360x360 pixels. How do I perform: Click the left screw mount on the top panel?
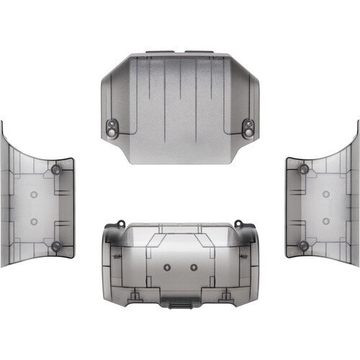click(x=113, y=127)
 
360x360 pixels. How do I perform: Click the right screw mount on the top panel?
click(x=246, y=127)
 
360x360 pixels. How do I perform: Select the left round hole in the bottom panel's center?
click(x=167, y=266)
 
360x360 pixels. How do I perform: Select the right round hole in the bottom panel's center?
click(x=194, y=266)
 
